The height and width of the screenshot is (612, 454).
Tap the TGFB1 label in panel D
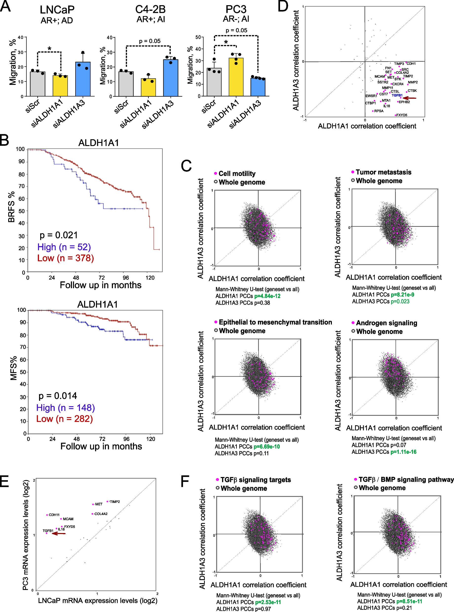397,95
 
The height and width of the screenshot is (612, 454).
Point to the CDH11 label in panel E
54,515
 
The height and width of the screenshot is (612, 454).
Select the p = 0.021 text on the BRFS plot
58,235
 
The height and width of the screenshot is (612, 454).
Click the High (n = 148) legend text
65,407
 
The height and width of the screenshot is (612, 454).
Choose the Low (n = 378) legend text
65,258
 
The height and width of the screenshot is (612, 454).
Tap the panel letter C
186,166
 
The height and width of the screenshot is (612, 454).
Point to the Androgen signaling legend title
386,323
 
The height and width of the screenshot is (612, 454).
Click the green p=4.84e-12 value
267,296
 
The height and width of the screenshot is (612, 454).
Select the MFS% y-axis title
13,368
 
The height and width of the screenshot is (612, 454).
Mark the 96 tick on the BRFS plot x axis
126,278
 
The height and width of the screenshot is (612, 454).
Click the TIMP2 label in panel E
115,502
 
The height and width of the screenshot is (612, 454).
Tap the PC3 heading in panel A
236,9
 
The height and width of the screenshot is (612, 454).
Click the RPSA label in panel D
379,111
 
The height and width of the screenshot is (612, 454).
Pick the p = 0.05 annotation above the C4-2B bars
150,41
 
